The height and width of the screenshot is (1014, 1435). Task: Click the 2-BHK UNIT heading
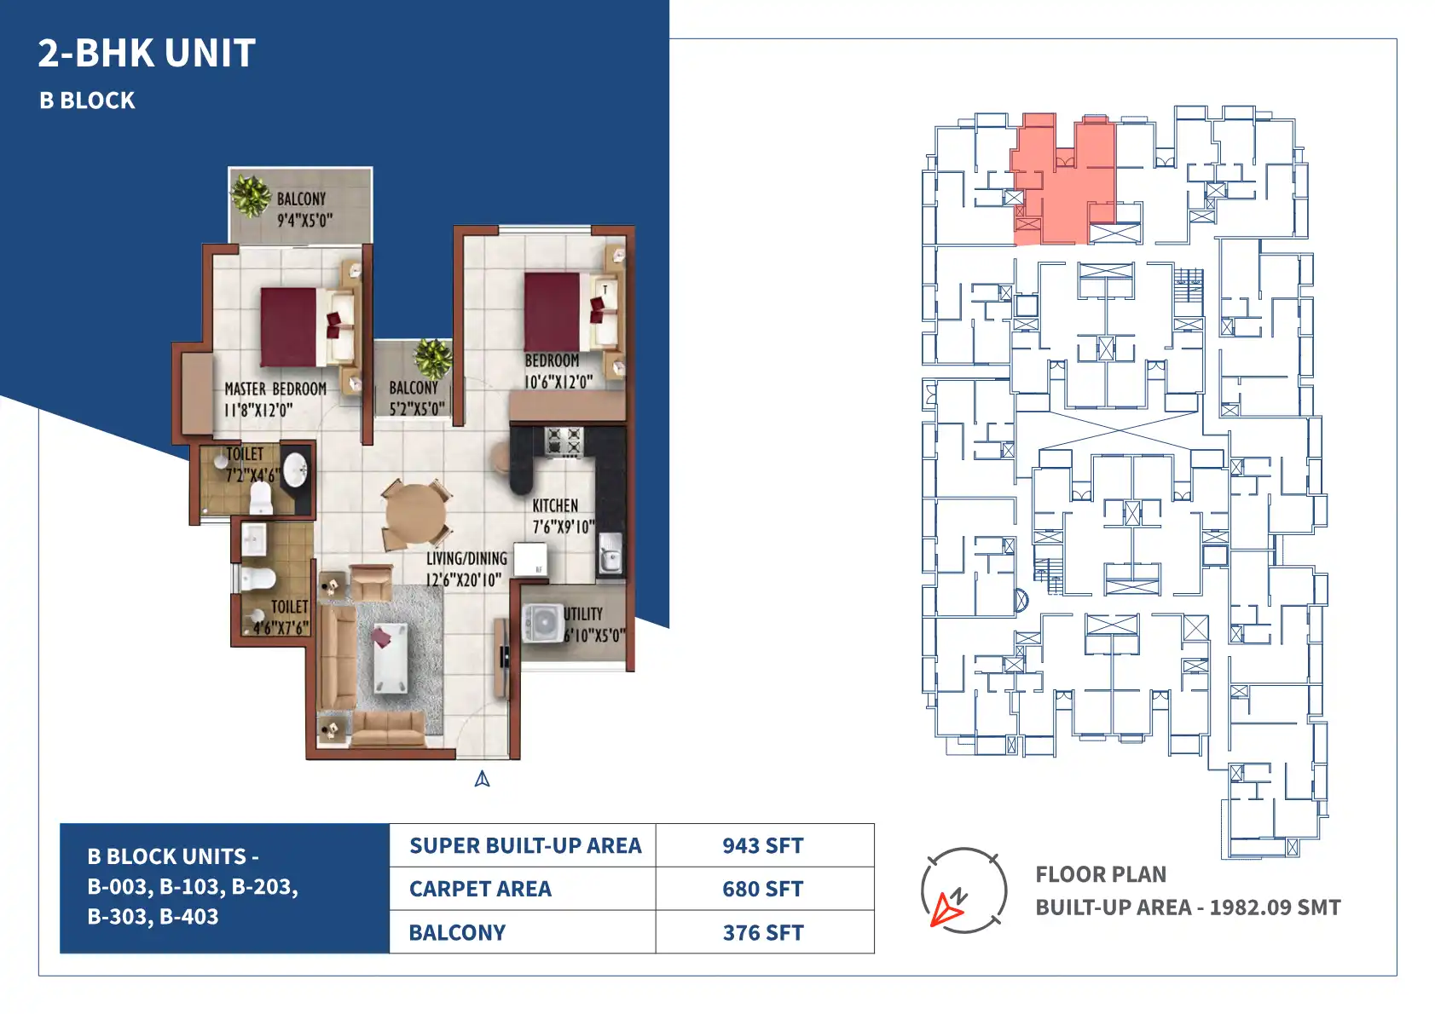(147, 53)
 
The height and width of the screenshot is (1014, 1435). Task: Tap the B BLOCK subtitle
(87, 101)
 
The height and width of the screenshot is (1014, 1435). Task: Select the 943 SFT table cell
(763, 845)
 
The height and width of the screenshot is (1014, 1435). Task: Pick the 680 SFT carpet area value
(763, 890)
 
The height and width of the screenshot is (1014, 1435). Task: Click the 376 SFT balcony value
(763, 933)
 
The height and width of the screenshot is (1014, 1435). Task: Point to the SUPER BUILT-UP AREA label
(525, 845)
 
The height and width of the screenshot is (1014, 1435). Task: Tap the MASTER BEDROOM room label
(275, 389)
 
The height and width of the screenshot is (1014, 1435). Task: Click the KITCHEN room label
(555, 505)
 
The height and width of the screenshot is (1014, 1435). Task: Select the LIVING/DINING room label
(466, 559)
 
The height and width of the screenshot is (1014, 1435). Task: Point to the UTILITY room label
(583, 614)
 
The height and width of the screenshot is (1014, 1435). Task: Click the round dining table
(416, 514)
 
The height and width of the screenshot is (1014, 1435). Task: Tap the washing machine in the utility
(542, 622)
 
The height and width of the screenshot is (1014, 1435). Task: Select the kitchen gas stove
(564, 441)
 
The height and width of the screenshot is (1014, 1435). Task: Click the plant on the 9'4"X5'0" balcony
(251, 195)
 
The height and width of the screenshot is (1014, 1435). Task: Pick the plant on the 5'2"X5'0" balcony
(433, 359)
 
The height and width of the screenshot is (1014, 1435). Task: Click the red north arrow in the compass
(946, 909)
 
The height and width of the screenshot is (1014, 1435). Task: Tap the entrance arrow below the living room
(483, 779)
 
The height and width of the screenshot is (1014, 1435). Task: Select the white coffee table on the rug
(391, 658)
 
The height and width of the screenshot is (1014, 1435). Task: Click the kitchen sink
(610, 552)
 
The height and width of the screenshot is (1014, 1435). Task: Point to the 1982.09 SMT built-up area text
(1275, 907)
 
